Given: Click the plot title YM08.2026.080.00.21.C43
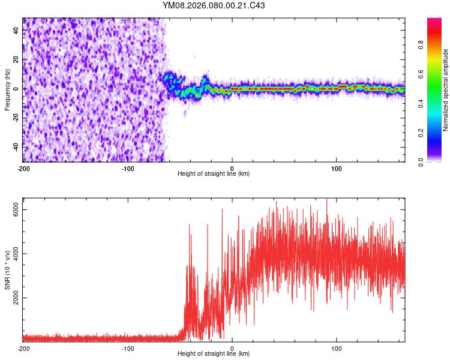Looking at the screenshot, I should [214, 6].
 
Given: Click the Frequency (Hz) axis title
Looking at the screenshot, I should [7, 89].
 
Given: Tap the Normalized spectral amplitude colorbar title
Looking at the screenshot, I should [445, 90].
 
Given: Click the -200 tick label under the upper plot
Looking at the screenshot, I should [23, 168].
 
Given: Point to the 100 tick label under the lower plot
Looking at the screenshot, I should [337, 348].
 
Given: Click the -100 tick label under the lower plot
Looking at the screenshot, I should [128, 348].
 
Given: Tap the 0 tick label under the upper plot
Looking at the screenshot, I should [232, 168].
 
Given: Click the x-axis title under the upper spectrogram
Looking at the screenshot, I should [214, 173].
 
